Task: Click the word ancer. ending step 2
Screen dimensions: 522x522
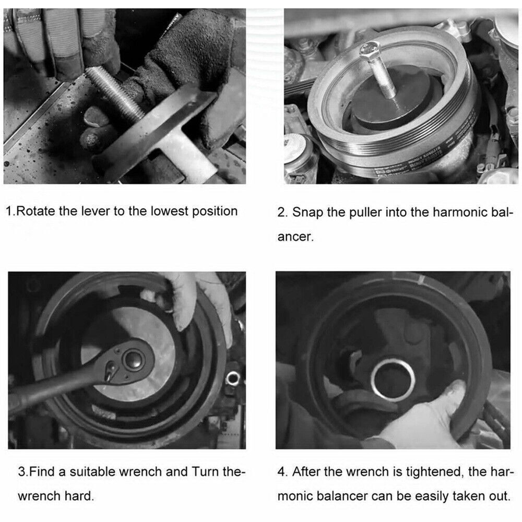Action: [295, 236]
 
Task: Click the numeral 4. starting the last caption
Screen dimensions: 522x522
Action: [282, 472]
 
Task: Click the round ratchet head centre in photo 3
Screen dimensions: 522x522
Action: [132, 359]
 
